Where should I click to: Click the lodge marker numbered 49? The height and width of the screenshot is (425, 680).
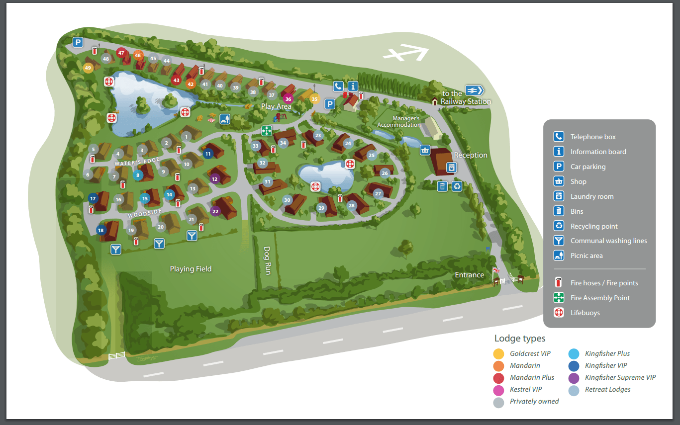point(88,68)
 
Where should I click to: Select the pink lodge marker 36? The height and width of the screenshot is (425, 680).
point(288,99)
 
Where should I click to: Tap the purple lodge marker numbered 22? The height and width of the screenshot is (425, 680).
point(215,211)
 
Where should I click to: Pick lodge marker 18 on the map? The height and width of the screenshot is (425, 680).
point(101,230)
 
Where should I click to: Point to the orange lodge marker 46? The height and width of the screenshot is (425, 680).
point(138,55)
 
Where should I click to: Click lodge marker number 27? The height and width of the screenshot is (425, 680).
point(378,193)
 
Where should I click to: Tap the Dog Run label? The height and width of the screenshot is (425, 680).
point(267,261)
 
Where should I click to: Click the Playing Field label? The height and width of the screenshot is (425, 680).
point(191,269)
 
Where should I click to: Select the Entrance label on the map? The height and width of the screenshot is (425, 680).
point(469,275)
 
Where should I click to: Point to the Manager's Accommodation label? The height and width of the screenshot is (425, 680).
point(398,122)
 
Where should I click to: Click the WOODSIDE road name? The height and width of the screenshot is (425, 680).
point(145,213)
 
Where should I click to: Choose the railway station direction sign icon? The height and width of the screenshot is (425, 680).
point(474,90)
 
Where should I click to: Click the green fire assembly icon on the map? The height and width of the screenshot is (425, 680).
point(267,131)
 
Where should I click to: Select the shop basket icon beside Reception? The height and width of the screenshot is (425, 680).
point(425,150)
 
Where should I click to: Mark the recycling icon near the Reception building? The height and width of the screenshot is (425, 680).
point(457,186)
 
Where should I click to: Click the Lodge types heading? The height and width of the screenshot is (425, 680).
point(520,339)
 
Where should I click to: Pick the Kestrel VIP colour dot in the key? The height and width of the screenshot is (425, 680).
point(499,390)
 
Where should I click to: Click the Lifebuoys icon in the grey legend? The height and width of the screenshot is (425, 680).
point(559,313)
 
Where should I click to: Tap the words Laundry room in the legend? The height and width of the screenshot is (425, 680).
point(592,196)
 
